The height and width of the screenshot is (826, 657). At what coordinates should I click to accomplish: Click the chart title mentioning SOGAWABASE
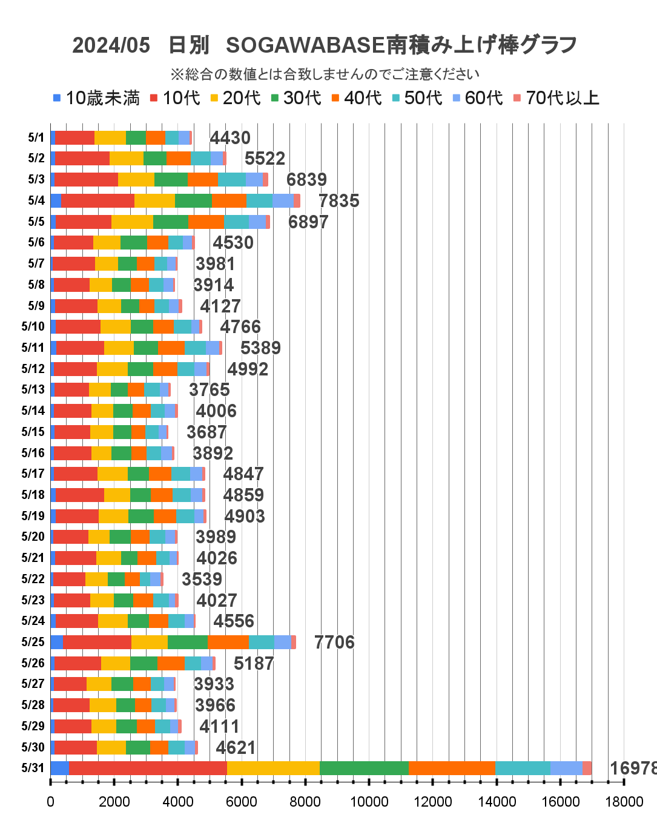click(325, 45)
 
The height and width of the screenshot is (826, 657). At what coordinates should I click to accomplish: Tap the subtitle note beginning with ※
click(325, 74)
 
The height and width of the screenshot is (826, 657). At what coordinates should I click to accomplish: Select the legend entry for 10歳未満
click(97, 98)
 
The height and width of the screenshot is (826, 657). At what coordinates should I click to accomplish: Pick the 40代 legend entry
click(357, 98)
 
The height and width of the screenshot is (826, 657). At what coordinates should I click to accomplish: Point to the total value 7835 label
click(339, 200)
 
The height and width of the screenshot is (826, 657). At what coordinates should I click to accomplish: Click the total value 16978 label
click(632, 768)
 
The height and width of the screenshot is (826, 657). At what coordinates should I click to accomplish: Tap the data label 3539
click(202, 579)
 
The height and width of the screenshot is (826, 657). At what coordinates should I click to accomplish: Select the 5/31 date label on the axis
click(33, 768)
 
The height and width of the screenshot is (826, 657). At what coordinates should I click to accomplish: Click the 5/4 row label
click(36, 200)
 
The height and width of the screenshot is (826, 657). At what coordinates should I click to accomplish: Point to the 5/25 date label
click(33, 642)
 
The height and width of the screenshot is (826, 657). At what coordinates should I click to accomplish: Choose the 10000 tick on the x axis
click(369, 802)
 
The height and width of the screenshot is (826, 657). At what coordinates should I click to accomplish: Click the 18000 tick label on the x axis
click(624, 802)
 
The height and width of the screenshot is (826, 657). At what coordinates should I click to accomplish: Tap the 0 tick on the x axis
click(50, 802)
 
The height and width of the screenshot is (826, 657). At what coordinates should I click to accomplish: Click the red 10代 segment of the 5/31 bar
click(148, 768)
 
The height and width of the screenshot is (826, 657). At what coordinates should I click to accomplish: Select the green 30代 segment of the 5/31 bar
click(364, 768)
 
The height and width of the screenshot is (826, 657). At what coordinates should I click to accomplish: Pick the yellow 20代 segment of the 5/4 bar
click(154, 200)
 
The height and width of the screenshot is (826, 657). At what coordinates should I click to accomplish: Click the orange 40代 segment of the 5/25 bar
click(228, 642)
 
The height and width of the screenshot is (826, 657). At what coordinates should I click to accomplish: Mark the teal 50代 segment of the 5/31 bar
click(523, 768)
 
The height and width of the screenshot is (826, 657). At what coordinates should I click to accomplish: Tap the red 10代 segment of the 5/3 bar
click(86, 179)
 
